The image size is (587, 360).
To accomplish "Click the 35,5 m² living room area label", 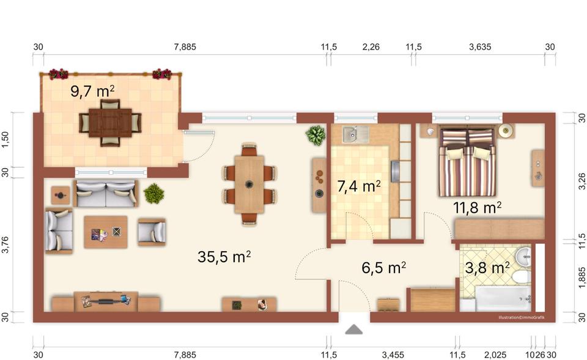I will click(x=224, y=257).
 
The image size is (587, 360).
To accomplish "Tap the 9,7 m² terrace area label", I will click(x=92, y=92).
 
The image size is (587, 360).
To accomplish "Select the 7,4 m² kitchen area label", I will click(x=360, y=186).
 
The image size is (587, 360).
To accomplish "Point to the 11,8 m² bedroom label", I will click(x=478, y=208).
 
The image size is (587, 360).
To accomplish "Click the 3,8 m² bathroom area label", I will click(x=487, y=267).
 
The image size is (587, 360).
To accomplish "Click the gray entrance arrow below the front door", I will click(x=353, y=330).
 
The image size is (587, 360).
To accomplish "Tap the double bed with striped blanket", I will click(x=467, y=162).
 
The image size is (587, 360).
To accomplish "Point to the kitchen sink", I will click(x=352, y=134).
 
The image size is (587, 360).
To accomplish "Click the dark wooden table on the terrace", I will click(x=110, y=123).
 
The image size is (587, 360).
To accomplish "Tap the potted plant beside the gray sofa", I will click(x=154, y=194).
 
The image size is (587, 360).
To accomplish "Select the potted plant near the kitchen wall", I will click(x=316, y=135).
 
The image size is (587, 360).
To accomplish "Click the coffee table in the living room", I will click(x=106, y=231).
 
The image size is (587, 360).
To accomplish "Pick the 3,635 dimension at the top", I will click(x=479, y=46).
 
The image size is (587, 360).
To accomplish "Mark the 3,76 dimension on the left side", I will click(x=6, y=246).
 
